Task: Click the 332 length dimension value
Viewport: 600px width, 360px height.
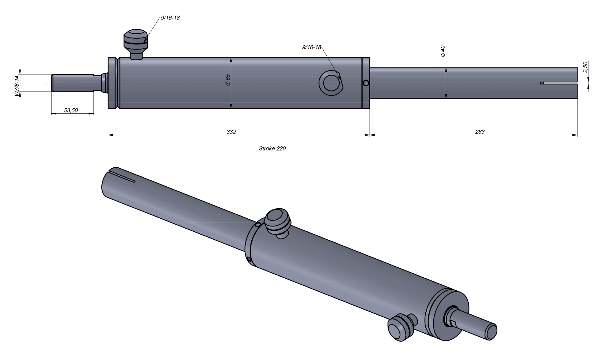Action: [231, 132]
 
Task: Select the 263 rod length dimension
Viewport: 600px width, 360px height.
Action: [480, 132]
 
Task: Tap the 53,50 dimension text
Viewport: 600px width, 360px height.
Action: [71, 110]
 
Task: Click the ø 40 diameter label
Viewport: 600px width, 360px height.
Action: [443, 51]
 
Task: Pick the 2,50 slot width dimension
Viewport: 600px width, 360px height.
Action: [585, 67]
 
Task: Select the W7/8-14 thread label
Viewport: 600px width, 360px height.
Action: [17, 86]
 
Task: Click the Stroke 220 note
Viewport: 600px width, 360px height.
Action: [272, 148]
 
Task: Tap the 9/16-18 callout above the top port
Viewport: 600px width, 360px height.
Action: [170, 18]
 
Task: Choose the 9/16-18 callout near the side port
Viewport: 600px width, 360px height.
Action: [312, 47]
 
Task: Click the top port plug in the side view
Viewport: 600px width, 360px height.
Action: [136, 40]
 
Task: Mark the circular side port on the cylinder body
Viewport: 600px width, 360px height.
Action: [331, 83]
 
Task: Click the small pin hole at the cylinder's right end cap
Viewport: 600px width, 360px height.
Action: [366, 83]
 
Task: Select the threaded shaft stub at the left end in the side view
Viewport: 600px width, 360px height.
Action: [72, 83]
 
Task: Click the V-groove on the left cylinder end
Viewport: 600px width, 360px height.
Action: [117, 83]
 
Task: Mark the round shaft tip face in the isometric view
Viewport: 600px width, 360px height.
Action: [491, 332]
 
